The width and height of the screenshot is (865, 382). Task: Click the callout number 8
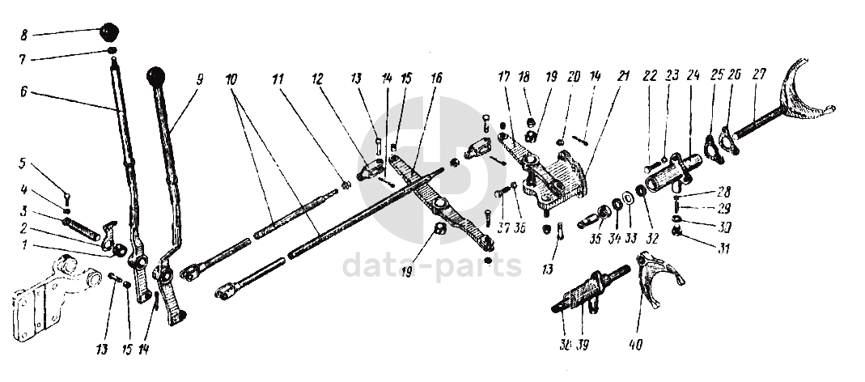(x=23, y=35)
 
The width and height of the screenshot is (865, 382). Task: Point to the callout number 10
(x=231, y=80)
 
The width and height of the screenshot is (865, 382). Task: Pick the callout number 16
(x=436, y=79)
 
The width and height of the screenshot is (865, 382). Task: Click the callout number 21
(x=622, y=77)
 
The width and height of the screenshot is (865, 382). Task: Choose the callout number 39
(x=583, y=345)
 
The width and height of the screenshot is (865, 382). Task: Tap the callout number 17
(x=503, y=79)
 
